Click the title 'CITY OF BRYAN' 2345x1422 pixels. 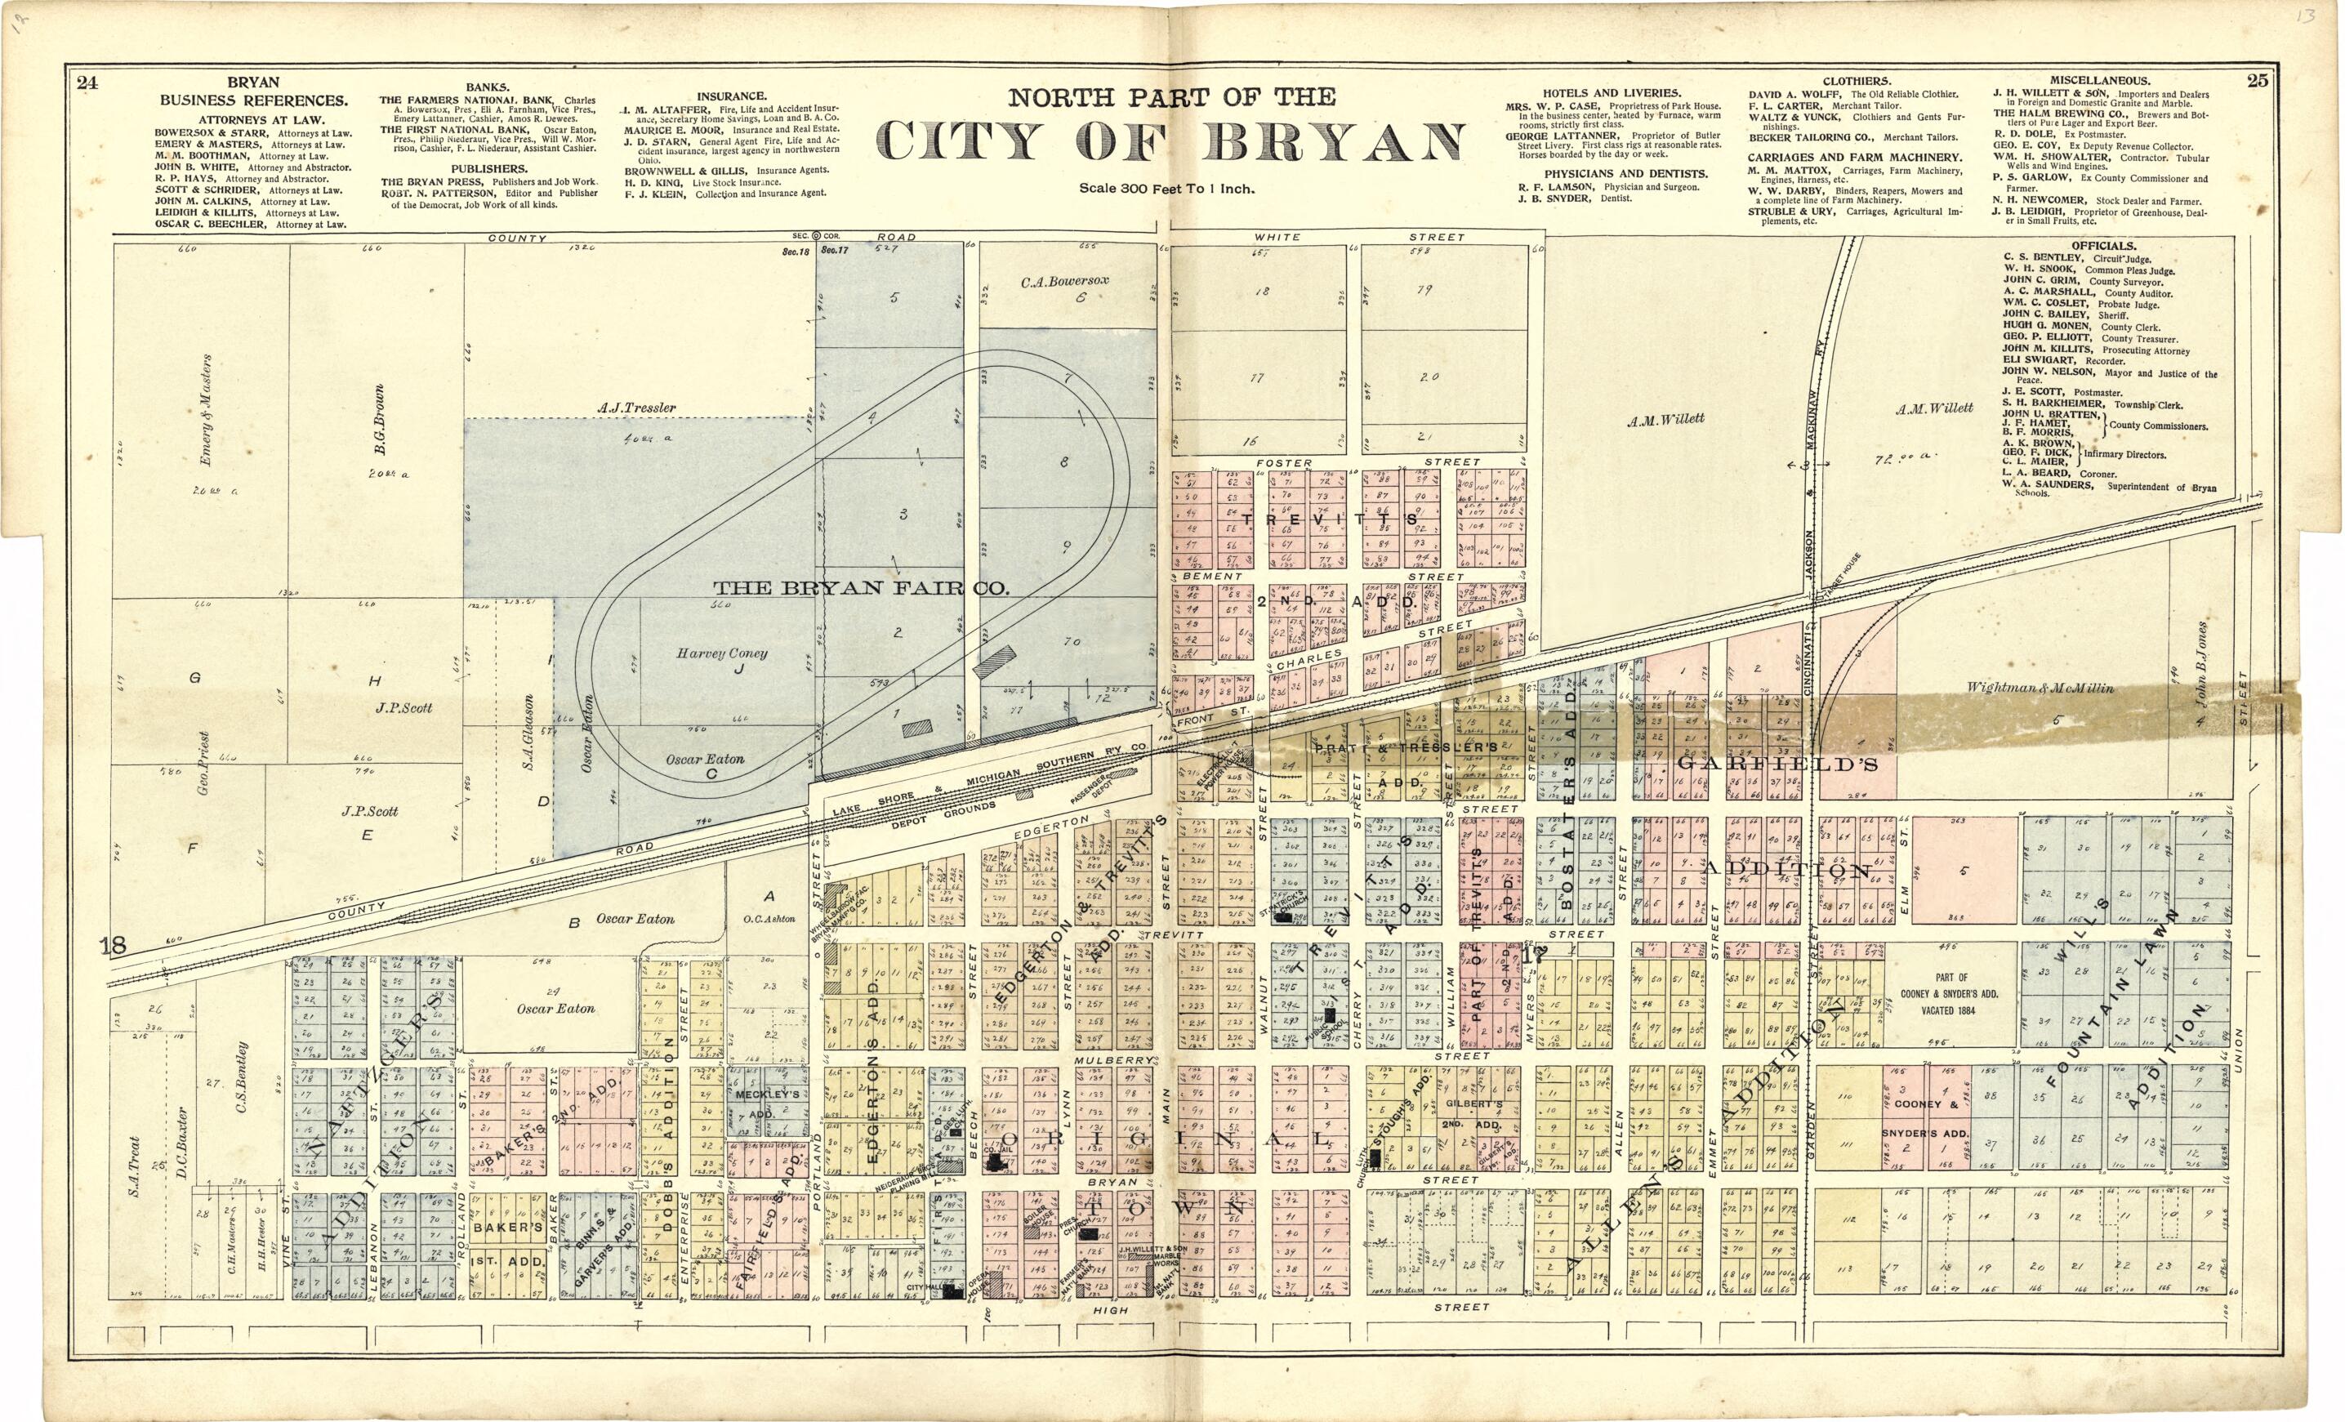tap(1170, 143)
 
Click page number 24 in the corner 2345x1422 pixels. tap(87, 82)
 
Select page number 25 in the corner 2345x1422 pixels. tap(2258, 81)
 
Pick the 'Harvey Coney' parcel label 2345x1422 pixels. tap(721, 654)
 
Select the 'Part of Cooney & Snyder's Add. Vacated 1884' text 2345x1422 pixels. tap(1950, 994)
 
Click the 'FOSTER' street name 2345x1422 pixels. tap(1284, 464)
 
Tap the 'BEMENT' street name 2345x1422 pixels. tap(1211, 577)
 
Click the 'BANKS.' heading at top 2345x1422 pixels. tap(488, 87)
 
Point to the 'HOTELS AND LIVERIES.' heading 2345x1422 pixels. tap(1612, 93)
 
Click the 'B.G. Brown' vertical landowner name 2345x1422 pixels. tap(379, 419)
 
